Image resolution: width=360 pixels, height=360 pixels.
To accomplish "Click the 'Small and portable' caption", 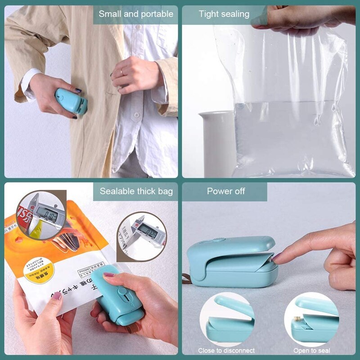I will coord(136,14).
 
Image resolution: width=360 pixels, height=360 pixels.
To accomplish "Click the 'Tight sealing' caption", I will coord(224,14).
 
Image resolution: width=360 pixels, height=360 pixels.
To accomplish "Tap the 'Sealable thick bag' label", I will coord(136,191).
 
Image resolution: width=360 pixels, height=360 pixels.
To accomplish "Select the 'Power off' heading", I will coord(226,191).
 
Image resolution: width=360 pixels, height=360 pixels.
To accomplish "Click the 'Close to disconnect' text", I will coord(226,351).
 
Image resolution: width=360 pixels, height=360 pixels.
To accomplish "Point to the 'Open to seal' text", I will coord(312,351).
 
